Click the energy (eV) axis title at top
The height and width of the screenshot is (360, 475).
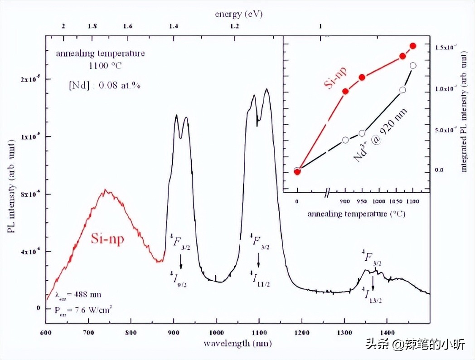239,14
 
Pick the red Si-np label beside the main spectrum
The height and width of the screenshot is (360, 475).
107,239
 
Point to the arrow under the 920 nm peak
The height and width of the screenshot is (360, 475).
181,261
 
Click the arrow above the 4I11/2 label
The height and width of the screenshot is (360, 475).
258,260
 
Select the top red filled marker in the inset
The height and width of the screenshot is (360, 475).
413,46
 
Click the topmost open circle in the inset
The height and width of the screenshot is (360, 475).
413,65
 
